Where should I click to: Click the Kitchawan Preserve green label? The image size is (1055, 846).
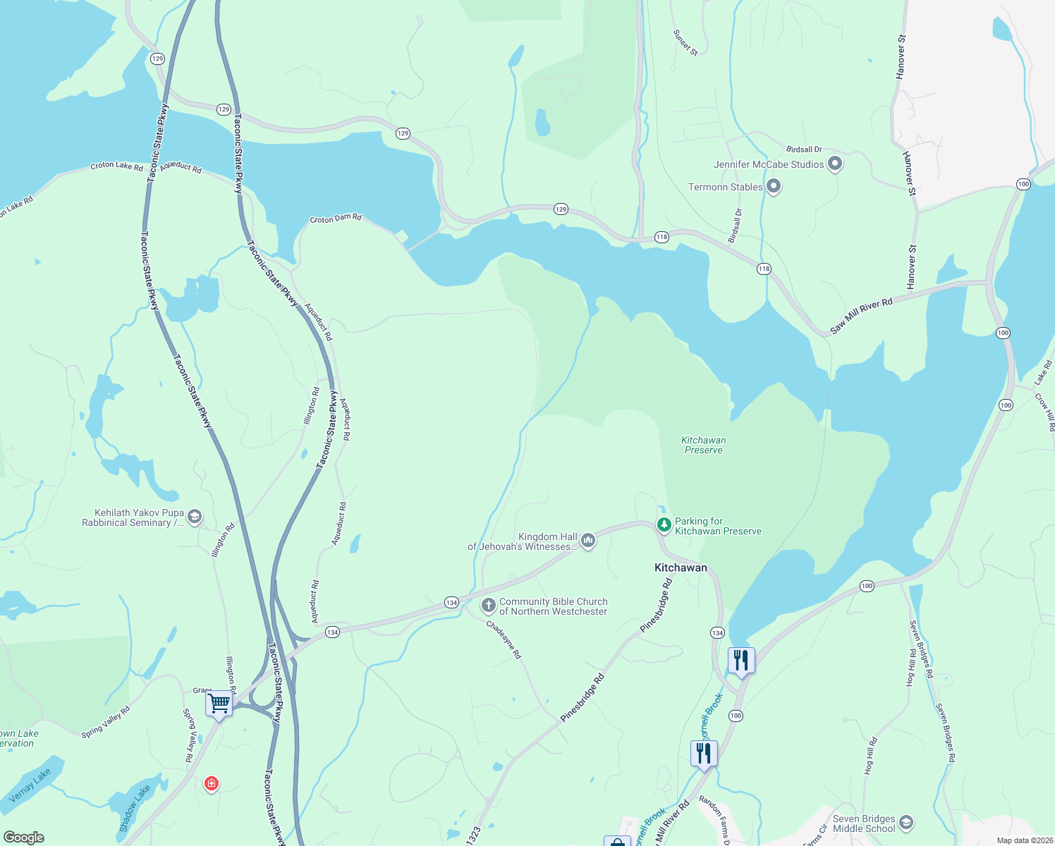(703, 445)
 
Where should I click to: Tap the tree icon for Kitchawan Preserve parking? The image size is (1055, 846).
(664, 525)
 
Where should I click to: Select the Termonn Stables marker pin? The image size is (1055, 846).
(774, 187)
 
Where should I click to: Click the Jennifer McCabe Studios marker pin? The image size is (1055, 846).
(835, 164)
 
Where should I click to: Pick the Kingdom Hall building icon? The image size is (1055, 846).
(588, 541)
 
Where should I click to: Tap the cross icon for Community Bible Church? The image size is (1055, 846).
(488, 606)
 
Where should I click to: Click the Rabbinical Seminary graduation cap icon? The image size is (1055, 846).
(195, 517)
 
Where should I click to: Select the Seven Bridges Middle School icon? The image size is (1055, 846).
(906, 823)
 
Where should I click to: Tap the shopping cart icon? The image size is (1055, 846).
(219, 703)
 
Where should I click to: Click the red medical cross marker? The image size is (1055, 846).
(211, 783)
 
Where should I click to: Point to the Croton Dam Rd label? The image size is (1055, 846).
(336, 219)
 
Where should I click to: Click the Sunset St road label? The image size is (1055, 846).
(685, 42)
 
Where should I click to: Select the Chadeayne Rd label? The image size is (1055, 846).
(504, 639)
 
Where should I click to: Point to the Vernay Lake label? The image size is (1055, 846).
(30, 785)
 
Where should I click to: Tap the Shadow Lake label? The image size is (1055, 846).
(135, 808)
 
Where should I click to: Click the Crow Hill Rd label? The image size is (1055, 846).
(1045, 412)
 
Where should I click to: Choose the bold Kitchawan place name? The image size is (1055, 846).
(681, 568)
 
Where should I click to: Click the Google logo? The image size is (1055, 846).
(24, 837)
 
